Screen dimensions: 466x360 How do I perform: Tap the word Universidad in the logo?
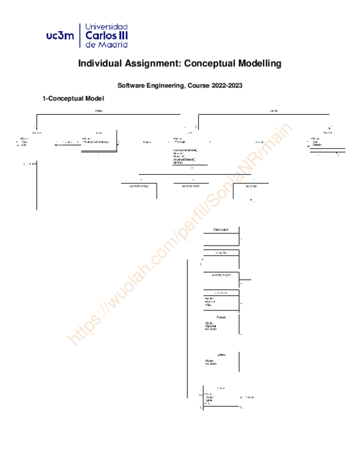coord(108,26)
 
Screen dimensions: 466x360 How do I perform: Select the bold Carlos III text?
coord(108,36)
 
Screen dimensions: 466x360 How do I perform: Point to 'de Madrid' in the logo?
coord(107,45)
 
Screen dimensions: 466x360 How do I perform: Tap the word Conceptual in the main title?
coord(209,64)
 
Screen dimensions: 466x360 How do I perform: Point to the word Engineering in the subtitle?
coord(164,85)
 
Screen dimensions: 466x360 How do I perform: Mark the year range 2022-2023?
coord(228,85)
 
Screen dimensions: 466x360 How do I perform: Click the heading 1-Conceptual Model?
coord(73,98)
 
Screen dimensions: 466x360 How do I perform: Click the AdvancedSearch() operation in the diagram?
coord(184,159)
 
